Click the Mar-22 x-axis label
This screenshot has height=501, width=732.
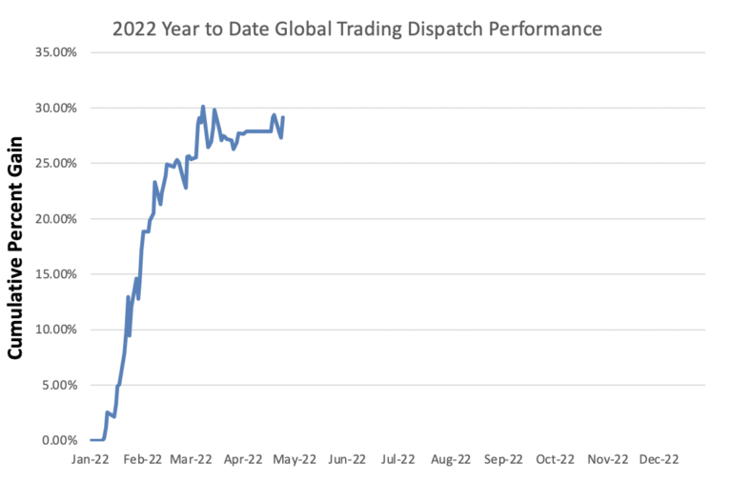pyautogui.click(x=191, y=459)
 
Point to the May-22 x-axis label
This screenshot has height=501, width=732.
pyautogui.click(x=295, y=459)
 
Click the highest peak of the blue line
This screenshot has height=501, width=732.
pyautogui.click(x=203, y=107)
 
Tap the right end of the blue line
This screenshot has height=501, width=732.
pyautogui.click(x=283, y=117)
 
